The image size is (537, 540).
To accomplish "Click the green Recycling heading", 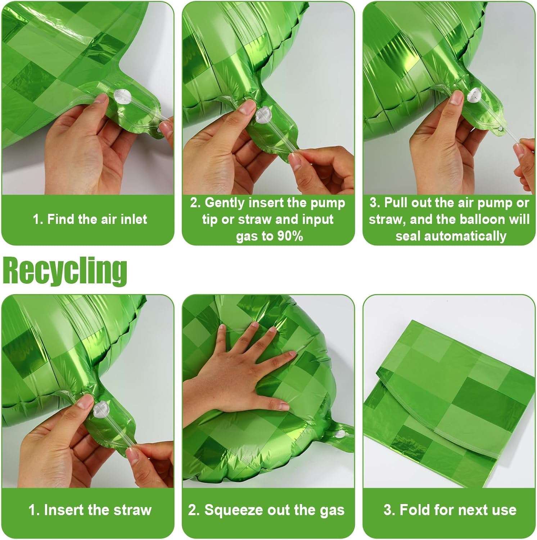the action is tap(65, 271).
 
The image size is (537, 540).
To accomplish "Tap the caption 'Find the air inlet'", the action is tap(90, 219).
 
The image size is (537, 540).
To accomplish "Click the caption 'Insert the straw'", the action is tap(90, 510).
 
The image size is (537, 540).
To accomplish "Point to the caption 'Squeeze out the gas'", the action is tap(266, 510).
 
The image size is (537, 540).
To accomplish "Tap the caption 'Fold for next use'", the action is tap(450, 510).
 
